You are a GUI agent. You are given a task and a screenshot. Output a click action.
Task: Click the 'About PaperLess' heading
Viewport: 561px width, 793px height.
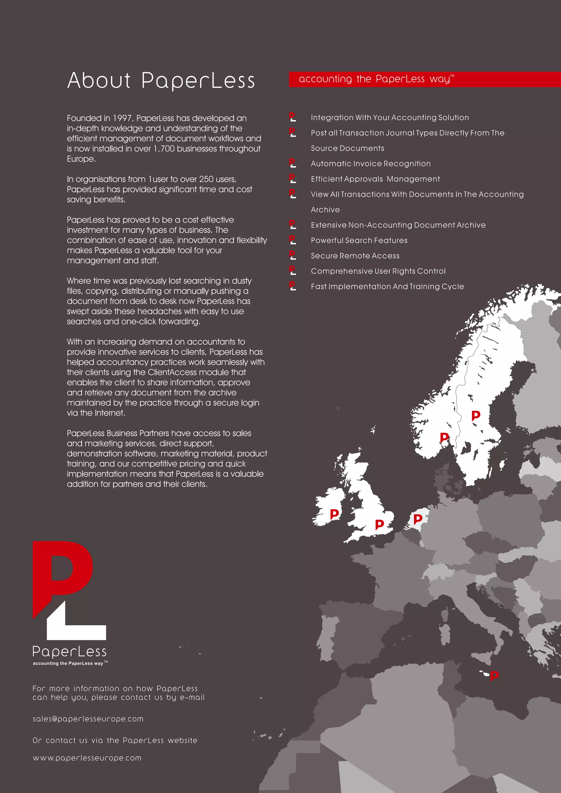pyautogui.click(x=161, y=81)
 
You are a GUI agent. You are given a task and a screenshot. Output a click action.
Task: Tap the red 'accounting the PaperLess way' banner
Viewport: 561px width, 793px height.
pyautogui.click(x=424, y=79)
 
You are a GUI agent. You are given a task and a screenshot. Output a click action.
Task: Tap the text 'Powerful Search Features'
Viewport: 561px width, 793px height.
pyautogui.click(x=359, y=240)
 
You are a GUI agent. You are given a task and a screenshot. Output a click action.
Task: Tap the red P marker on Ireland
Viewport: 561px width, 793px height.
pyautogui.click(x=334, y=514)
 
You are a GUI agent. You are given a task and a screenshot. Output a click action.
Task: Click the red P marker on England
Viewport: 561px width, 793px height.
pyautogui.click(x=379, y=524)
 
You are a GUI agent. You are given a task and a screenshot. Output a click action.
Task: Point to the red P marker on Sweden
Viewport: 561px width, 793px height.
pyautogui.click(x=476, y=415)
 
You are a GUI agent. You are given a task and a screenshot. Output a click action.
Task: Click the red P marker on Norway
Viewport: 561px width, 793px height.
pyautogui.click(x=444, y=438)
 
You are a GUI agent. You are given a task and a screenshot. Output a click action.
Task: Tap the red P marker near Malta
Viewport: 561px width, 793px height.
pyautogui.click(x=494, y=675)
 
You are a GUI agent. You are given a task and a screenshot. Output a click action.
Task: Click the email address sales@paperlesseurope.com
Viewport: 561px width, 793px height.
pyautogui.click(x=88, y=719)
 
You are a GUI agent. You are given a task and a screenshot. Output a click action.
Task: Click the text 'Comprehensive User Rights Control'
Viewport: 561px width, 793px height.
pyautogui.click(x=378, y=271)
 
